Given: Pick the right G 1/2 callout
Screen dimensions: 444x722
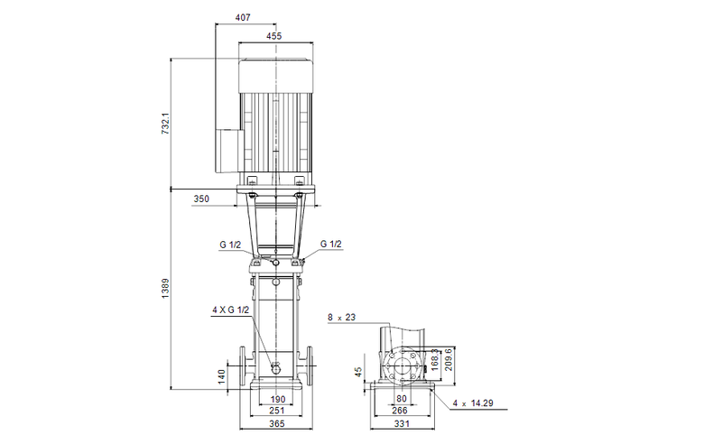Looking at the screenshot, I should click(x=331, y=244).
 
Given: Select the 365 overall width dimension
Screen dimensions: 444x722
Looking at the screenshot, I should click(x=277, y=423).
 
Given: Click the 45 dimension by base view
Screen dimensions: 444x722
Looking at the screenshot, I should click(x=358, y=371).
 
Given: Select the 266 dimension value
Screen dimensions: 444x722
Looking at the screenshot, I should click(x=398, y=410).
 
